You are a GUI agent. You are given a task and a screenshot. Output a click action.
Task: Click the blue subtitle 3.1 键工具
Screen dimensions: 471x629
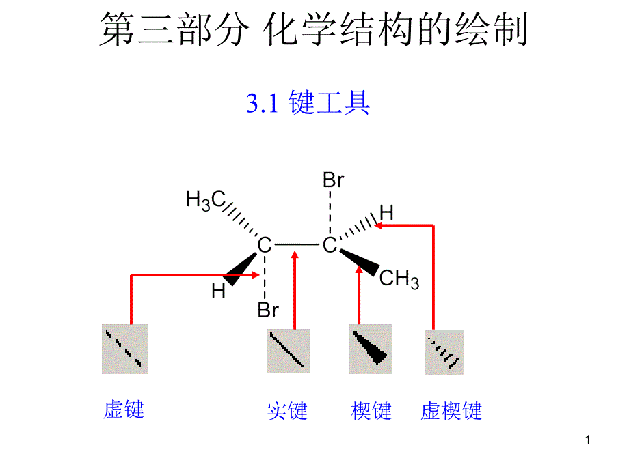(308, 103)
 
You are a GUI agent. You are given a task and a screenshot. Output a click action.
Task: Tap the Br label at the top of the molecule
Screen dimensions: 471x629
(333, 181)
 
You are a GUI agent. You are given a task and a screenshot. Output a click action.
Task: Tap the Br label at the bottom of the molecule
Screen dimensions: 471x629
(268, 311)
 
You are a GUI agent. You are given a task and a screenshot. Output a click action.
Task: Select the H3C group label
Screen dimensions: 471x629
(206, 199)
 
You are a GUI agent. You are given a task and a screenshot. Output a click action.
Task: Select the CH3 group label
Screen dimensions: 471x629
(399, 279)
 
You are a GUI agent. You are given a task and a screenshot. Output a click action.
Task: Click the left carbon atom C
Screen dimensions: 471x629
(264, 245)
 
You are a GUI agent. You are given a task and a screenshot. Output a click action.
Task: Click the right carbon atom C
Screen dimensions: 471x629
(330, 245)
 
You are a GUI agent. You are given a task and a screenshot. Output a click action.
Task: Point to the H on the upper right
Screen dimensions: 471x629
(387, 213)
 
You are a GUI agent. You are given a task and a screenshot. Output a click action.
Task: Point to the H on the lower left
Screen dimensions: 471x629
(218, 292)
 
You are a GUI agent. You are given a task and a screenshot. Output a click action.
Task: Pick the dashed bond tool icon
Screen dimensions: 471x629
(125, 349)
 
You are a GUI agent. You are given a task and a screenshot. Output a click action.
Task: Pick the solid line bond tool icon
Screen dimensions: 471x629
(288, 351)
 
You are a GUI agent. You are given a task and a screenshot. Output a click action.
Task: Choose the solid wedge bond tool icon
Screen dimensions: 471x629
(371, 349)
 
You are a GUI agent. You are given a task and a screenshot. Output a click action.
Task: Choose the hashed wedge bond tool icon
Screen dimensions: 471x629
(444, 352)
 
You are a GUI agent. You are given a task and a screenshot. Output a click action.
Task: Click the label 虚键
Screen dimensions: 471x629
(124, 410)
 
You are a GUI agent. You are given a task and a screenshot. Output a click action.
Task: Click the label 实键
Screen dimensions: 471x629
(287, 411)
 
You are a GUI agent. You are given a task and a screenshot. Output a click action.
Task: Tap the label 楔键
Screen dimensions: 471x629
(371, 411)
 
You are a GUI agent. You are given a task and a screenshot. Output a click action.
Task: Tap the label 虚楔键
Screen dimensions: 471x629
(451, 411)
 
